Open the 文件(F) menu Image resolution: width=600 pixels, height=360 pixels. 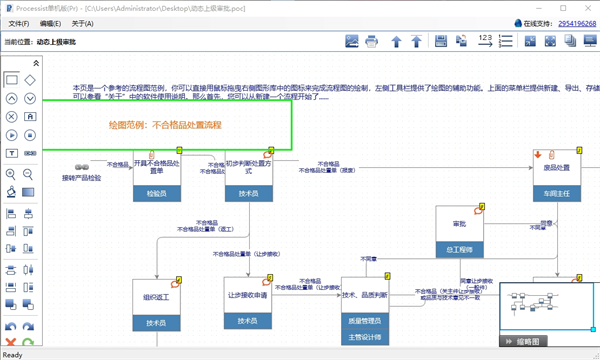[x=18, y=23]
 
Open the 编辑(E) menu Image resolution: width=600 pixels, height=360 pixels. [x=50, y=23]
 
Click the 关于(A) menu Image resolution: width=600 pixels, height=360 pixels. [x=82, y=23]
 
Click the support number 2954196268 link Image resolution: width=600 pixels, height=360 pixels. [x=578, y=22]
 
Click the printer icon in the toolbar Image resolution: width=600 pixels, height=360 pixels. [x=372, y=41]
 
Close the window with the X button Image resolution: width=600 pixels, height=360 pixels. [x=587, y=7]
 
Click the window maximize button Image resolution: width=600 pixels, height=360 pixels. [x=563, y=7]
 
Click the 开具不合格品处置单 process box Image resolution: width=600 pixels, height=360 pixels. [x=157, y=167]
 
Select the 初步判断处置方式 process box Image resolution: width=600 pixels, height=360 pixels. [x=248, y=167]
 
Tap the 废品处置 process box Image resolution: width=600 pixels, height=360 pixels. [x=556, y=167]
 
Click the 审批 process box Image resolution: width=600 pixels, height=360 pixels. [x=460, y=224]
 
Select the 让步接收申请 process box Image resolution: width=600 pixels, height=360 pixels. [x=248, y=295]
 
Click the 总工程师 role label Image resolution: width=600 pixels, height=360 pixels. [x=460, y=249]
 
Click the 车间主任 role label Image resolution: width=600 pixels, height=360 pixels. [x=556, y=193]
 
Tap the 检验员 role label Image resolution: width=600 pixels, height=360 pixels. [x=157, y=193]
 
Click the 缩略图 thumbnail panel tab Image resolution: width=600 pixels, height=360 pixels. [x=526, y=342]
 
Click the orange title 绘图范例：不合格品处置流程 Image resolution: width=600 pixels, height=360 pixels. [x=165, y=125]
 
